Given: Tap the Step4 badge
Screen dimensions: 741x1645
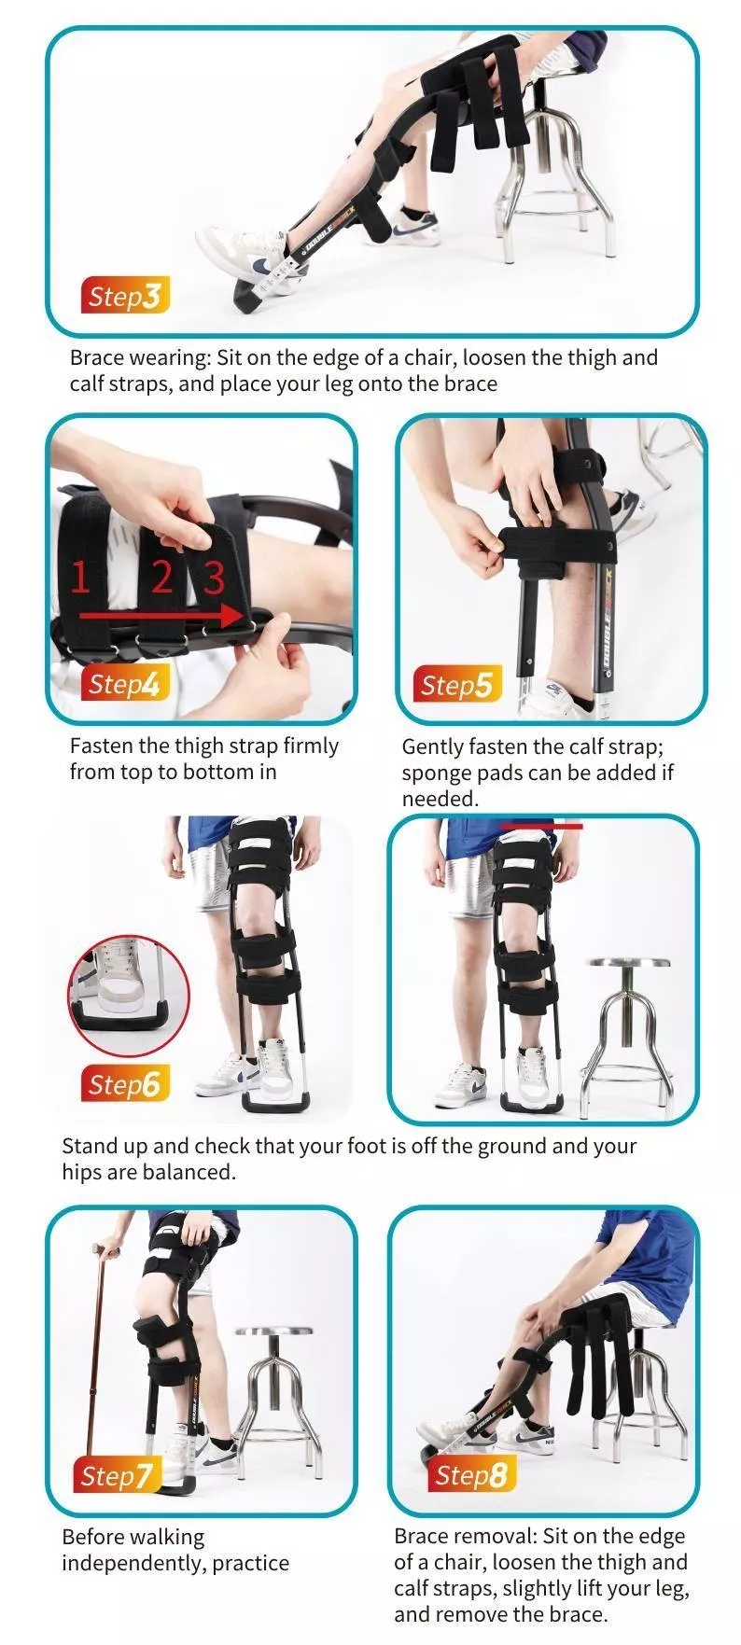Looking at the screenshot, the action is (125, 684).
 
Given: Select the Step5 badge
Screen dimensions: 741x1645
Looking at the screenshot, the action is (455, 686).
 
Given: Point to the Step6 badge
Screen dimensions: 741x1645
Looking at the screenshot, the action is (125, 1084).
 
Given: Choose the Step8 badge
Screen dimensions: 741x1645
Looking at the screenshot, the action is (472, 1474).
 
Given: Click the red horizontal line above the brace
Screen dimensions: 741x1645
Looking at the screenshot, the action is (541, 826).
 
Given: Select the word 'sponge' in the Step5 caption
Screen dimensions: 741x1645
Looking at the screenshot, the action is (433, 774).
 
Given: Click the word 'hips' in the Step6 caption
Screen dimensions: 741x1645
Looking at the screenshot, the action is (82, 1172).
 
